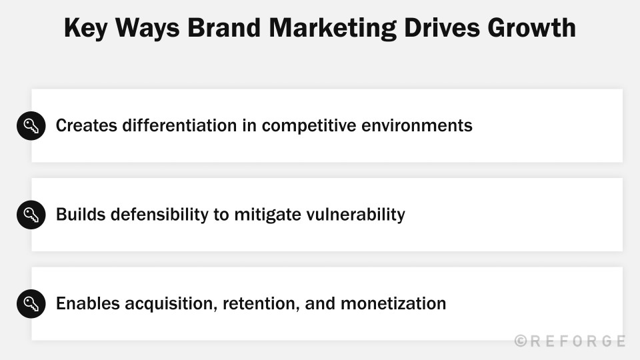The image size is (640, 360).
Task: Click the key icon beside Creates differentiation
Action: (31, 125)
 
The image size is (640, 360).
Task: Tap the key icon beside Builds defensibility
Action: (31, 215)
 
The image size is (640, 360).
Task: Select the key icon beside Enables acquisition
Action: (31, 303)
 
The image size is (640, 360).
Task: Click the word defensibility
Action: (160, 215)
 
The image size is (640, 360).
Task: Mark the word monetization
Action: (393, 303)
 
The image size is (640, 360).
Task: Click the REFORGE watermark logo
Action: (577, 341)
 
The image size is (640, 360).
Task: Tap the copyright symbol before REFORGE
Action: (521, 341)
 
